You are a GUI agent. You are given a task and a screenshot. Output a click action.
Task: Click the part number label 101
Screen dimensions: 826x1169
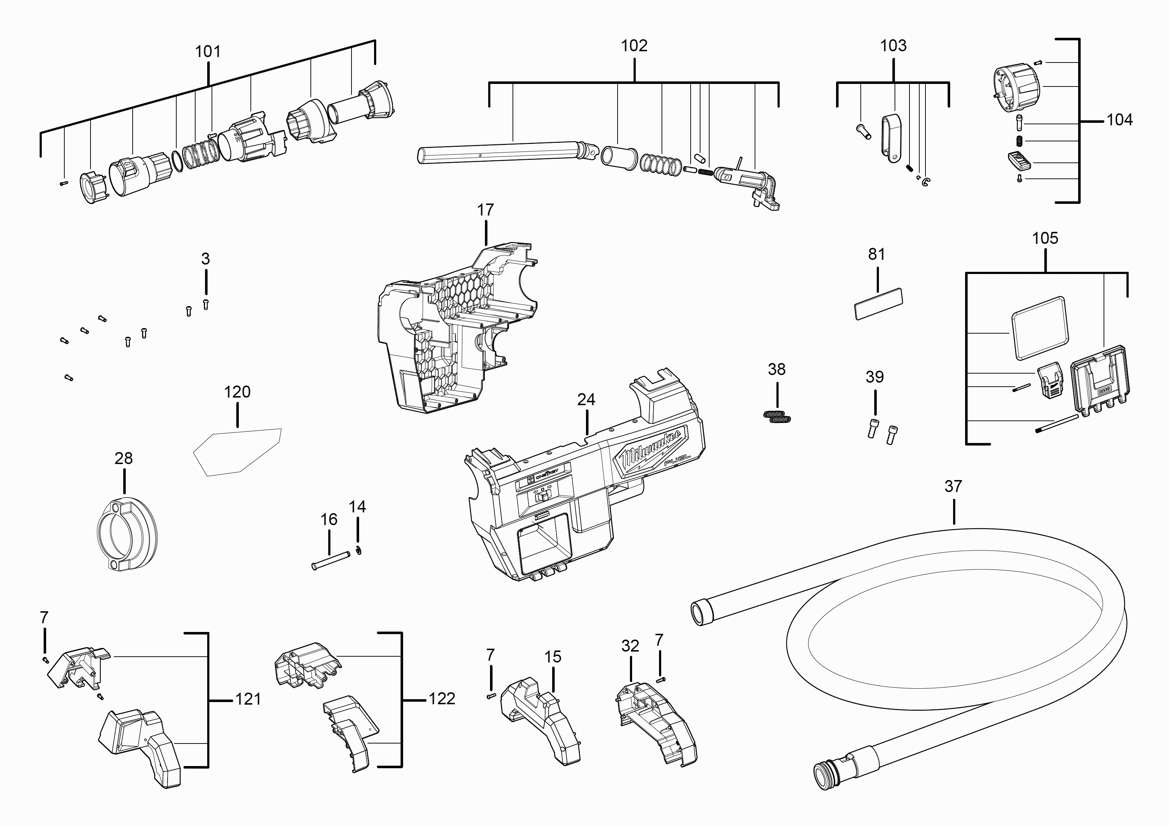pos(208,51)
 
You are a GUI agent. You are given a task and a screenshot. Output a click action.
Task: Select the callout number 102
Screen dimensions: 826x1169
pos(634,46)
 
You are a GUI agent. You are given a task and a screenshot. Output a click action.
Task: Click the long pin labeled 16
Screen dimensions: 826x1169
pos(330,559)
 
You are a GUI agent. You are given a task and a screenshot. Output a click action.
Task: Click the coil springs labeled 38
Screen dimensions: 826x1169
pos(777,417)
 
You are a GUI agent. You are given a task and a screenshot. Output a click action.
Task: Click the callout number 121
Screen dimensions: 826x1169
pos(248,699)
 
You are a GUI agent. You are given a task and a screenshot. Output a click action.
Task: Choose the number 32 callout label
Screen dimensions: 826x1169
pos(630,646)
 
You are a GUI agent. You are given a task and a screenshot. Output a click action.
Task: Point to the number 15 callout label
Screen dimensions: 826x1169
pos(553,657)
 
